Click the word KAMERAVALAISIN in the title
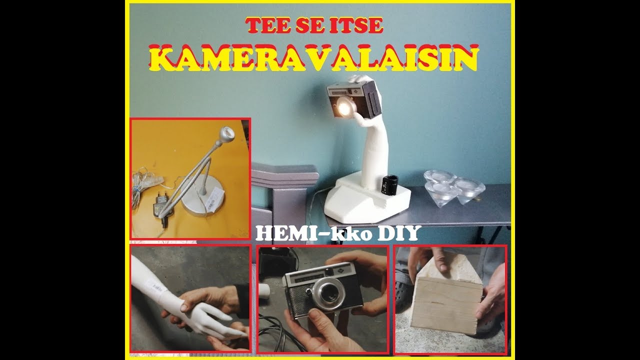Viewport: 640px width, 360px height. coord(313,58)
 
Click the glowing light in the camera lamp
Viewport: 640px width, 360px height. coord(344,106)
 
